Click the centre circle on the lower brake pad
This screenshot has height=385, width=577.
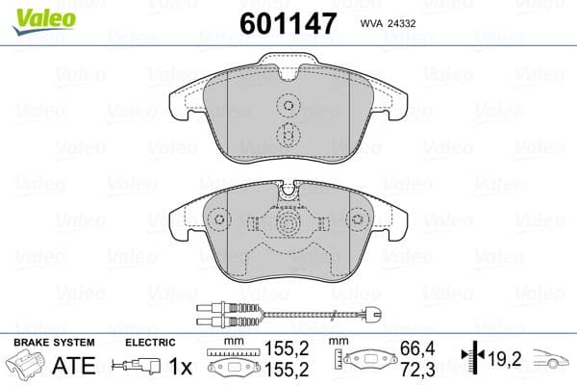[288, 225]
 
